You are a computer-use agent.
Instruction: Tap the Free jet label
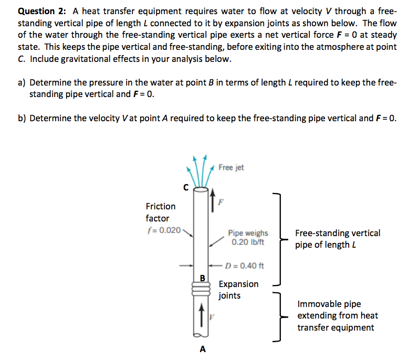pyautogui.click(x=231, y=167)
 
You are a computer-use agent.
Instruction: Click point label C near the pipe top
pyautogui.click(x=184, y=186)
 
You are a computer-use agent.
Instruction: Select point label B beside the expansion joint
pyautogui.click(x=201, y=277)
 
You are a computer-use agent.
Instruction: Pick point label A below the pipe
pyautogui.click(x=203, y=348)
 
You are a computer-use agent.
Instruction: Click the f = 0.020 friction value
pyautogui.click(x=163, y=230)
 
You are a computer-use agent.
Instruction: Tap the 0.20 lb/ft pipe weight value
pyautogui.click(x=248, y=242)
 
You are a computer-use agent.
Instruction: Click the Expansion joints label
pyautogui.click(x=238, y=290)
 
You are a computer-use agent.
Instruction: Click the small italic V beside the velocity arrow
pyautogui.click(x=212, y=316)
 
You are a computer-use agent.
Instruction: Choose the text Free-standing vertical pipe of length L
pyautogui.click(x=337, y=239)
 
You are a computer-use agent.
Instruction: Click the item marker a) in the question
pyautogui.click(x=22, y=83)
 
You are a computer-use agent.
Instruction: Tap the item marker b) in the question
pyautogui.click(x=22, y=118)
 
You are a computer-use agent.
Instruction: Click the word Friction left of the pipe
pyautogui.click(x=161, y=206)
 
